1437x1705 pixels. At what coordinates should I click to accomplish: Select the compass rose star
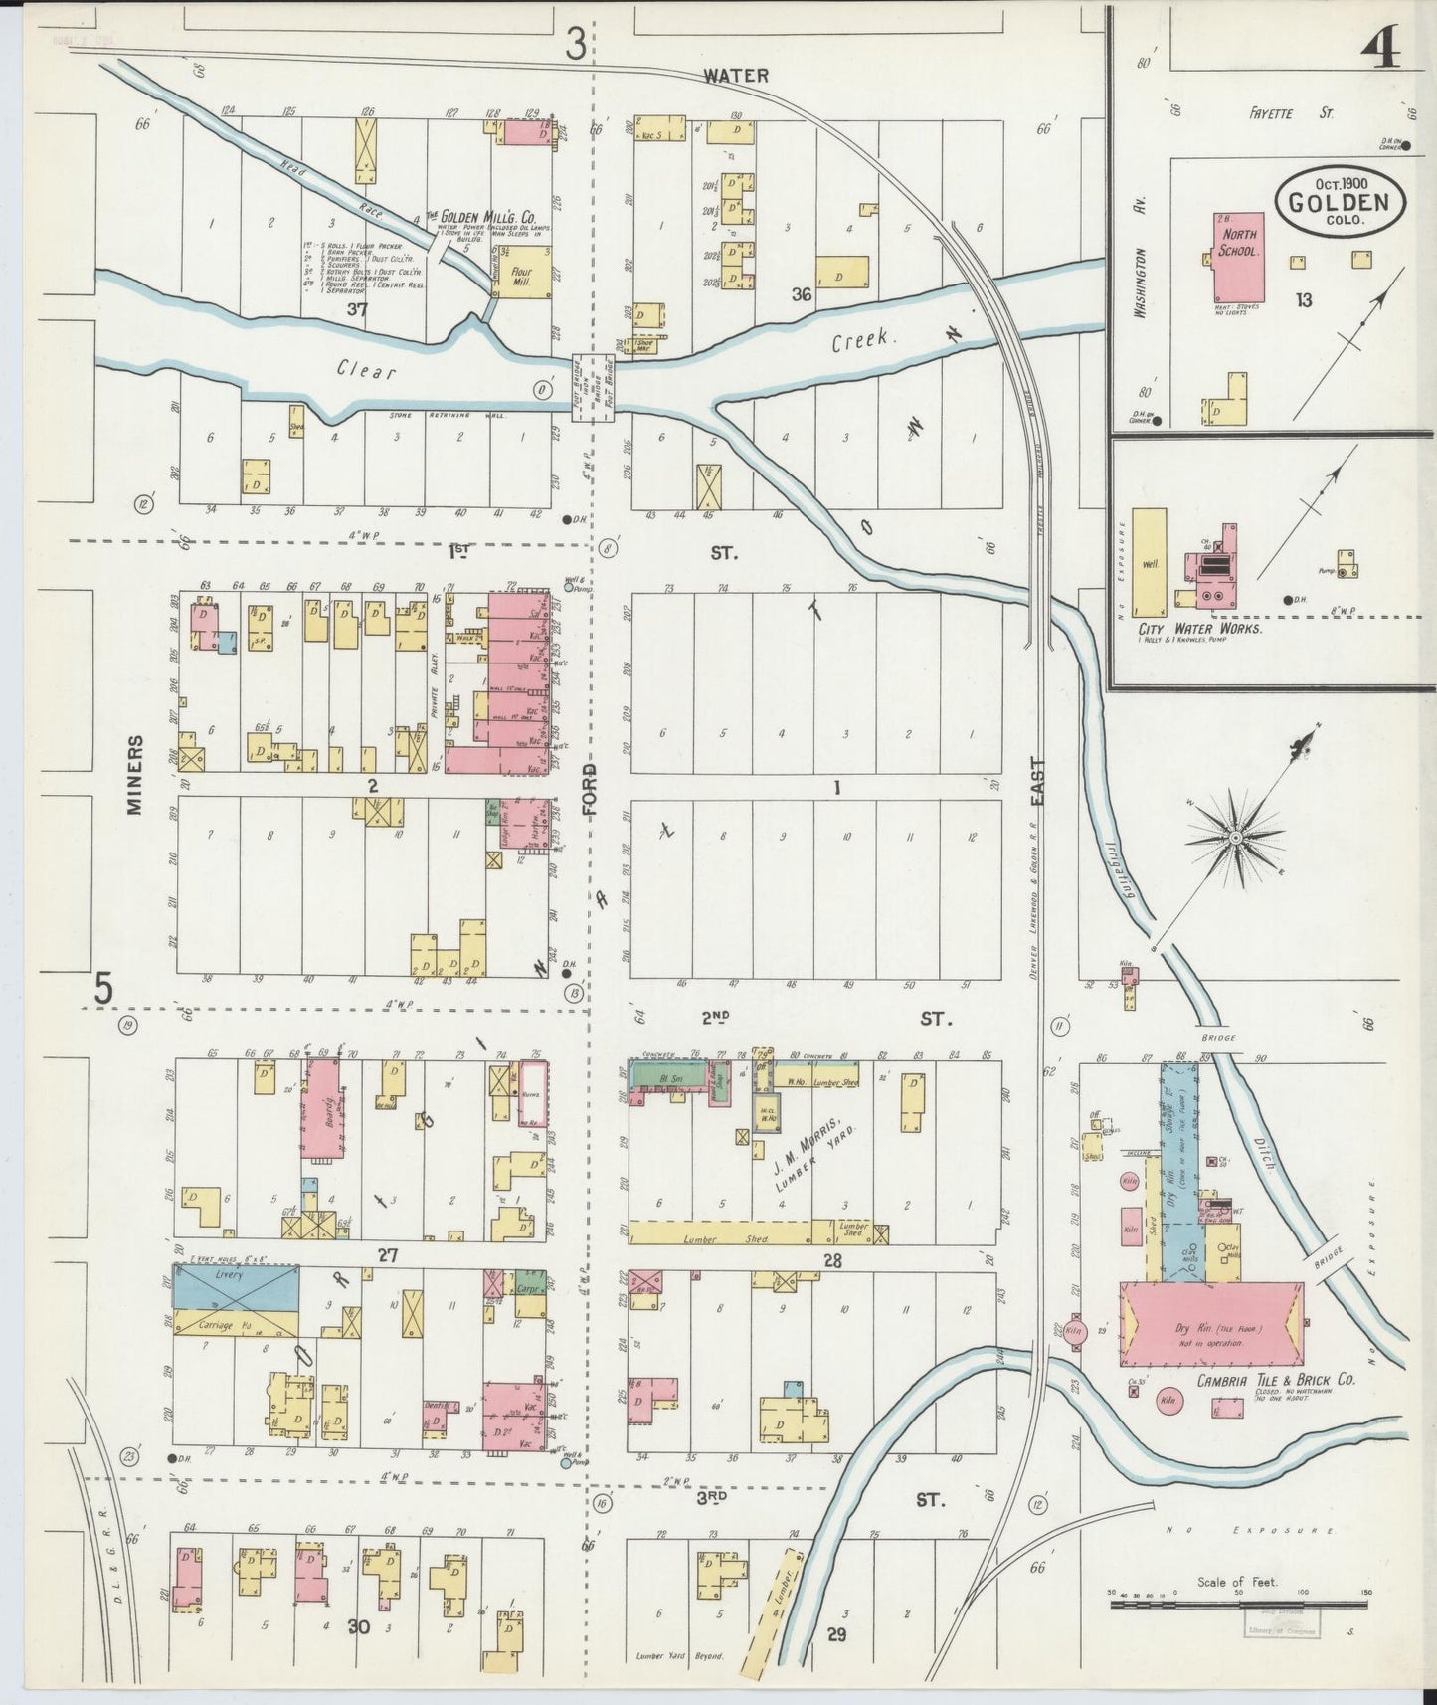1235,838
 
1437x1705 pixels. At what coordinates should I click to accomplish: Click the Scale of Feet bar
1238,1604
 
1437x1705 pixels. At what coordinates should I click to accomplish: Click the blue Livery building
236,1288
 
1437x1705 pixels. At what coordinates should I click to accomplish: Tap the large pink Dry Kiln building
1211,1328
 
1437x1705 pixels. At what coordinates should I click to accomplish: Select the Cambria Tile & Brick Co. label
1276,1381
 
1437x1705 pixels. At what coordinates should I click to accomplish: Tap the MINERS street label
135,775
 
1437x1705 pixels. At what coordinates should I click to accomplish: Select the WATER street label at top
736,76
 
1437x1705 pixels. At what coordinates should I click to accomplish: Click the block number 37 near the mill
358,309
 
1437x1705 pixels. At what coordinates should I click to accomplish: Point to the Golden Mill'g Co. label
480,216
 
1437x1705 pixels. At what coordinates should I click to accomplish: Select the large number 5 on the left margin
104,988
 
